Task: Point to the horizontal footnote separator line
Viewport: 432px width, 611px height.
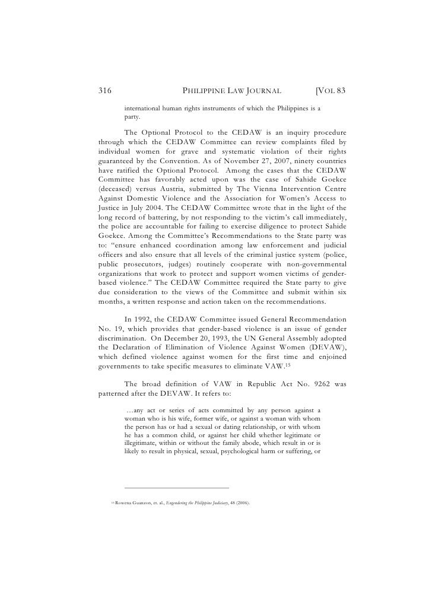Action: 176,488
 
